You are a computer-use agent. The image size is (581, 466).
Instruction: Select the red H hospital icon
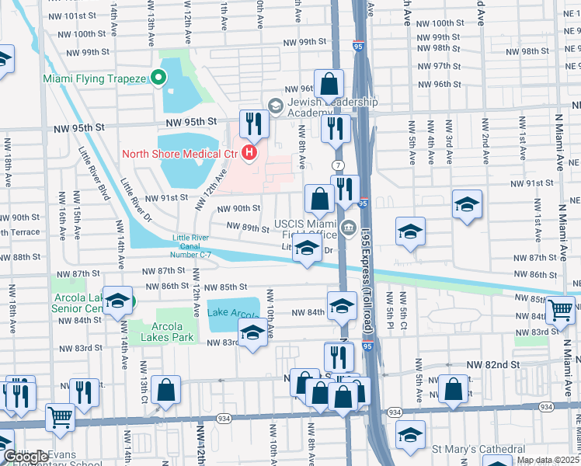coord(249,153)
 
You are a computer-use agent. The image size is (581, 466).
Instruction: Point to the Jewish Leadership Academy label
coord(332,107)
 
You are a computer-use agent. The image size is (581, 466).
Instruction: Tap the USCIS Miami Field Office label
coord(304,230)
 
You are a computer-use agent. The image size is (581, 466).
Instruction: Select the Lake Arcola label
coord(231,313)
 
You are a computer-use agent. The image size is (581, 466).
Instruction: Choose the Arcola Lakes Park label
coord(161,332)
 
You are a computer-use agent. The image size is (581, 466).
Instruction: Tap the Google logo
coord(26,457)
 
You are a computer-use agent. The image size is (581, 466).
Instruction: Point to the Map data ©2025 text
coord(548,460)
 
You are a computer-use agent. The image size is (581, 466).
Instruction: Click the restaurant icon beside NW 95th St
coord(253,124)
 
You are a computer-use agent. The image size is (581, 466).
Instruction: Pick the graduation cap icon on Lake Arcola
coord(252,335)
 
